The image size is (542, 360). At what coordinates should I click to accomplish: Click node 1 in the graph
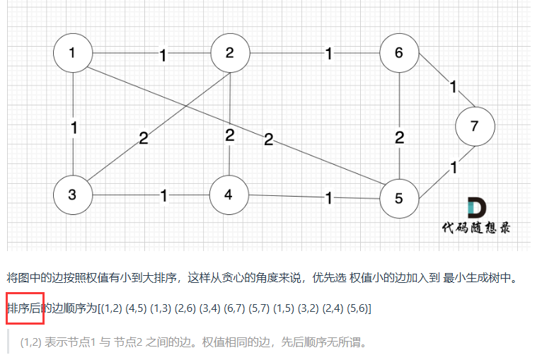74,53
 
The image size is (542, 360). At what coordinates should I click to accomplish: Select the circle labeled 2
230,53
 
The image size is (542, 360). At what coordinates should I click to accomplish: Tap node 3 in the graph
74,194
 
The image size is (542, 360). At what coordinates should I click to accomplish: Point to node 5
400,198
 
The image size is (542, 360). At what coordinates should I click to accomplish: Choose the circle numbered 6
400,53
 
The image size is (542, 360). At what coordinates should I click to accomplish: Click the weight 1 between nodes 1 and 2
163,54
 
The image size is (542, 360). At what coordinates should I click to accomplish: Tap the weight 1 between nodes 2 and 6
328,54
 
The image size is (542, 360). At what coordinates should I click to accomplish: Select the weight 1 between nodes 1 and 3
74,128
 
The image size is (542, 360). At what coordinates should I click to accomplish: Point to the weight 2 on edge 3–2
144,138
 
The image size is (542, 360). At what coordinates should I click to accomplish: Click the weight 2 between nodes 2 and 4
230,135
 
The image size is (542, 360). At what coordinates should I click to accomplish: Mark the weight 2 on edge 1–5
268,139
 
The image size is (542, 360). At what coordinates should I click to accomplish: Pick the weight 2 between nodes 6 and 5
400,137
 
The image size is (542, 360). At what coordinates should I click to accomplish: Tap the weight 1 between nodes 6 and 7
453,87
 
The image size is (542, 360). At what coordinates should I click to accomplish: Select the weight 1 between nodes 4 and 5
328,198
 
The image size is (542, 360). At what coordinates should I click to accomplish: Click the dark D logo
476,208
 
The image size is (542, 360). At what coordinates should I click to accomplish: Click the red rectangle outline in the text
25,308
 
